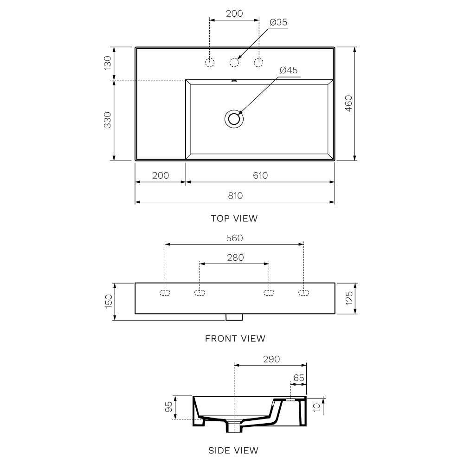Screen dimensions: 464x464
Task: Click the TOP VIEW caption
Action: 234,219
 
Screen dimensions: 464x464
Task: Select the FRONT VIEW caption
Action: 235,339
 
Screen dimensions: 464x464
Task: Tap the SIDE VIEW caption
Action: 233,450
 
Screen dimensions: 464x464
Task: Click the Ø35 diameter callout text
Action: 278,22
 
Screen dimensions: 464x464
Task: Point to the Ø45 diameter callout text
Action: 289,70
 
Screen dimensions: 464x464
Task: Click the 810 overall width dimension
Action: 235,195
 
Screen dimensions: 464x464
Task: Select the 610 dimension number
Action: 260,175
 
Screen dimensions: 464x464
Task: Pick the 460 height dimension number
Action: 349,103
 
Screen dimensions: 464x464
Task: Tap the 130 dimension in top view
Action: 108,63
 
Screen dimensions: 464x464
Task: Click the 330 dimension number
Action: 108,120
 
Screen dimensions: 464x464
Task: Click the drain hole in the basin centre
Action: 234,119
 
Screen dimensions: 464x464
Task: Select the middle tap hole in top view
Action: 235,62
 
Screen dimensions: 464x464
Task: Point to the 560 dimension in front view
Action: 234,238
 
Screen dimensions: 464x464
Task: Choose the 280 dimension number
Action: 235,258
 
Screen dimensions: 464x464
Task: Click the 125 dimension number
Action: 349,298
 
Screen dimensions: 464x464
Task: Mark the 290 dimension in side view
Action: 271,359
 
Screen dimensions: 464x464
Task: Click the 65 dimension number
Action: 299,378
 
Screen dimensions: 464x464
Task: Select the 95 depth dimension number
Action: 169,407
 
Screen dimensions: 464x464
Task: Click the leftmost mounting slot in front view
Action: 165,292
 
